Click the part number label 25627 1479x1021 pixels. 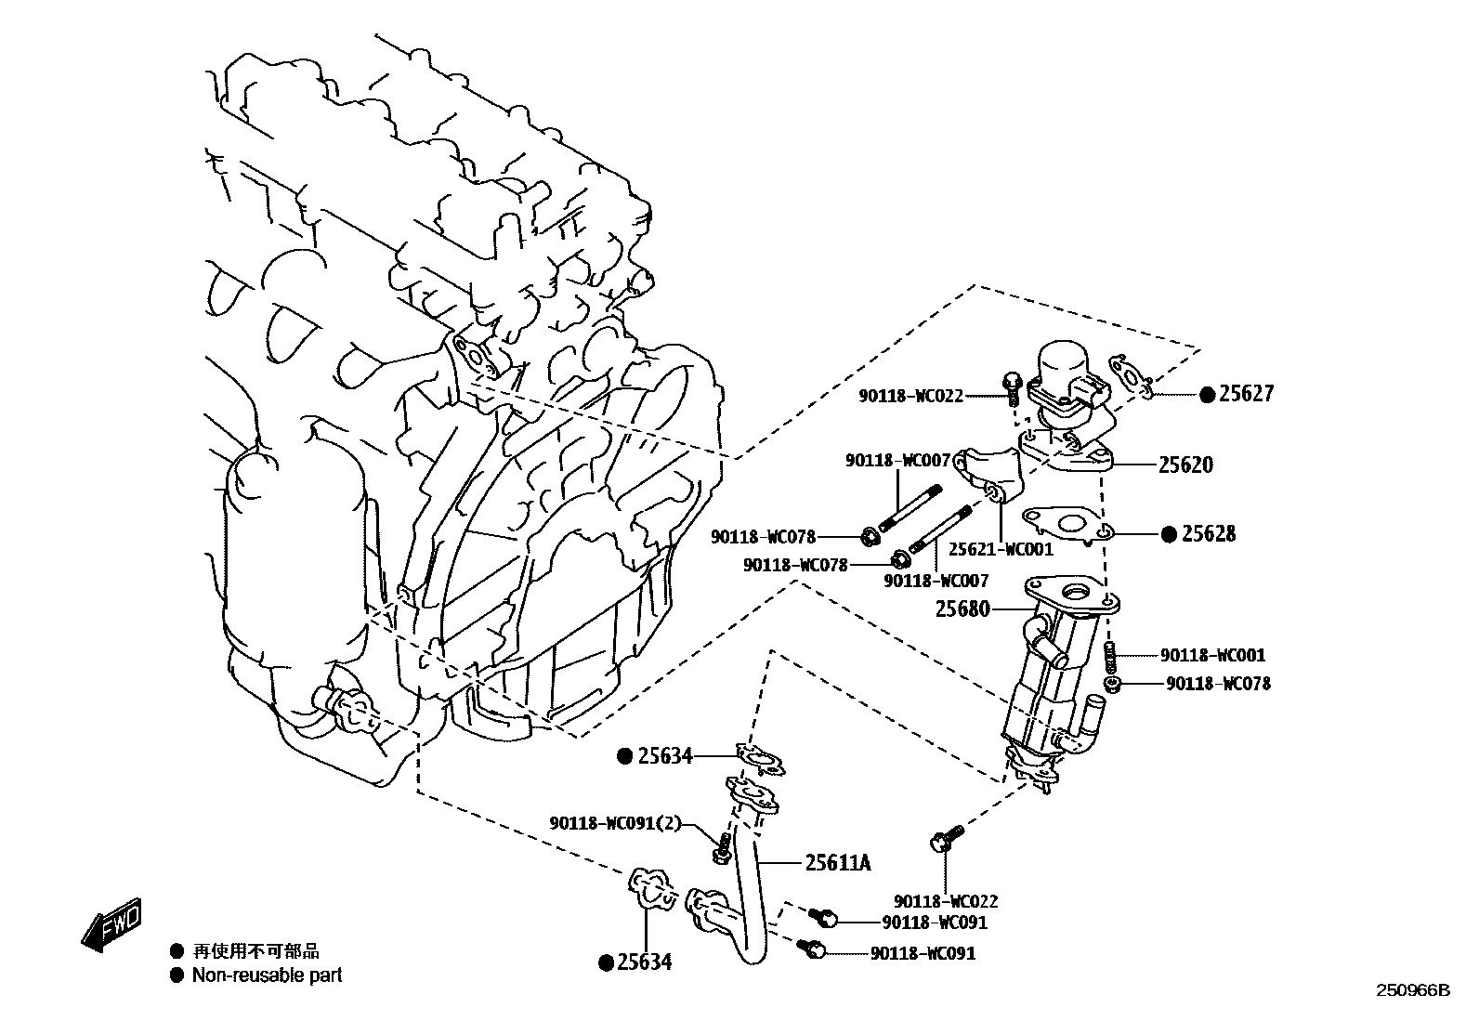pos(1247,394)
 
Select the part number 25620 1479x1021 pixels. pos(1185,465)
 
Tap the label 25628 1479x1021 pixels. pos(1209,534)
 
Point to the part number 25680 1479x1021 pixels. pos(962,609)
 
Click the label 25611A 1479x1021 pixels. pos(838,863)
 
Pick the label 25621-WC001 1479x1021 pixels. pos(1001,549)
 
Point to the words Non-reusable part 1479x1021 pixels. pos(267,975)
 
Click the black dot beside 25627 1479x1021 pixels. pos(1207,395)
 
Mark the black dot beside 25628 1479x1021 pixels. pos(1170,534)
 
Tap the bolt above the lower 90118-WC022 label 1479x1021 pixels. pos(945,840)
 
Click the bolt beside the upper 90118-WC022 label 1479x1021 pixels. pos(1013,386)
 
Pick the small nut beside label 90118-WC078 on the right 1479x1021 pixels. pos(1112,685)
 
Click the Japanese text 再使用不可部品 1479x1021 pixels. pos(255,951)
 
